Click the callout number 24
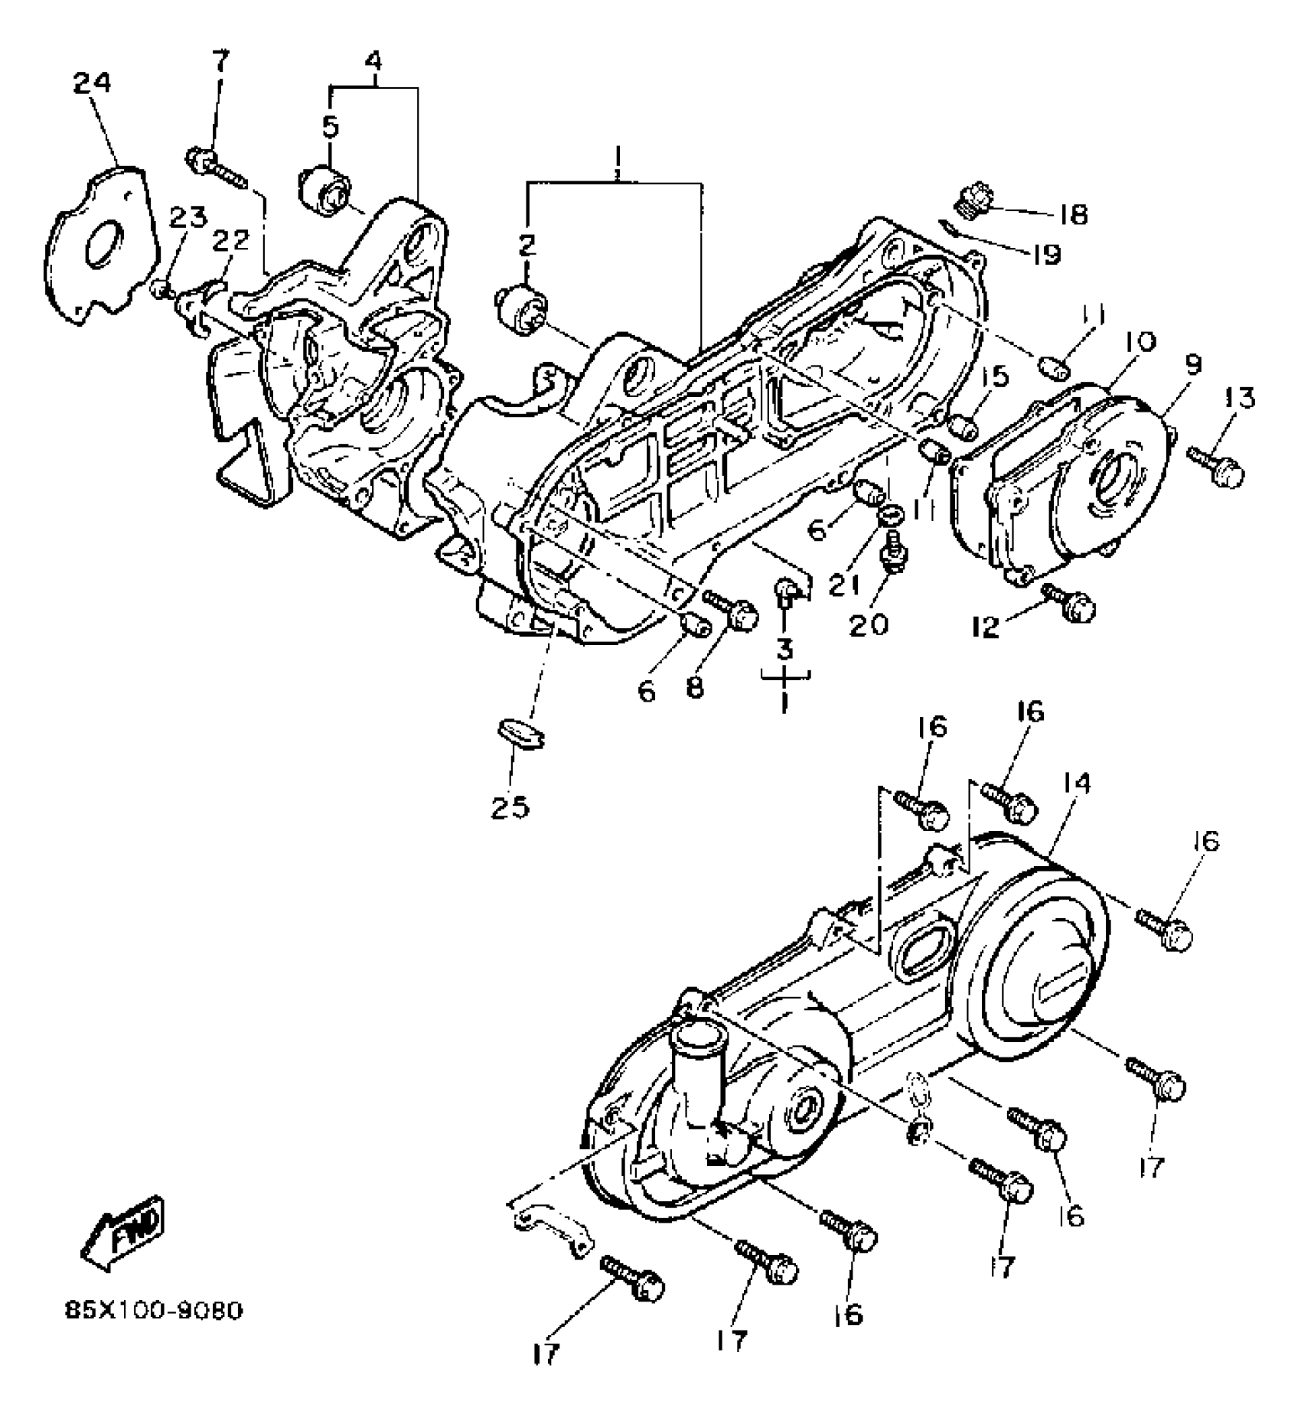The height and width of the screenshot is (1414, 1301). pos(92,83)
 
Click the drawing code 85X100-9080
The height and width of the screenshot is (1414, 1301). pos(153,1311)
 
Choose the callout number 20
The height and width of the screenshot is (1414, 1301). pos(869,624)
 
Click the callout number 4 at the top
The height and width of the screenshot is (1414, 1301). pos(373,60)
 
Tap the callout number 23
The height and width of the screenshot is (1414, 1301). pos(187,219)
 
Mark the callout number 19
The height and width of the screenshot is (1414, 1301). pos(1045,254)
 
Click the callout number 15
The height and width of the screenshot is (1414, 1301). pos(996,377)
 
